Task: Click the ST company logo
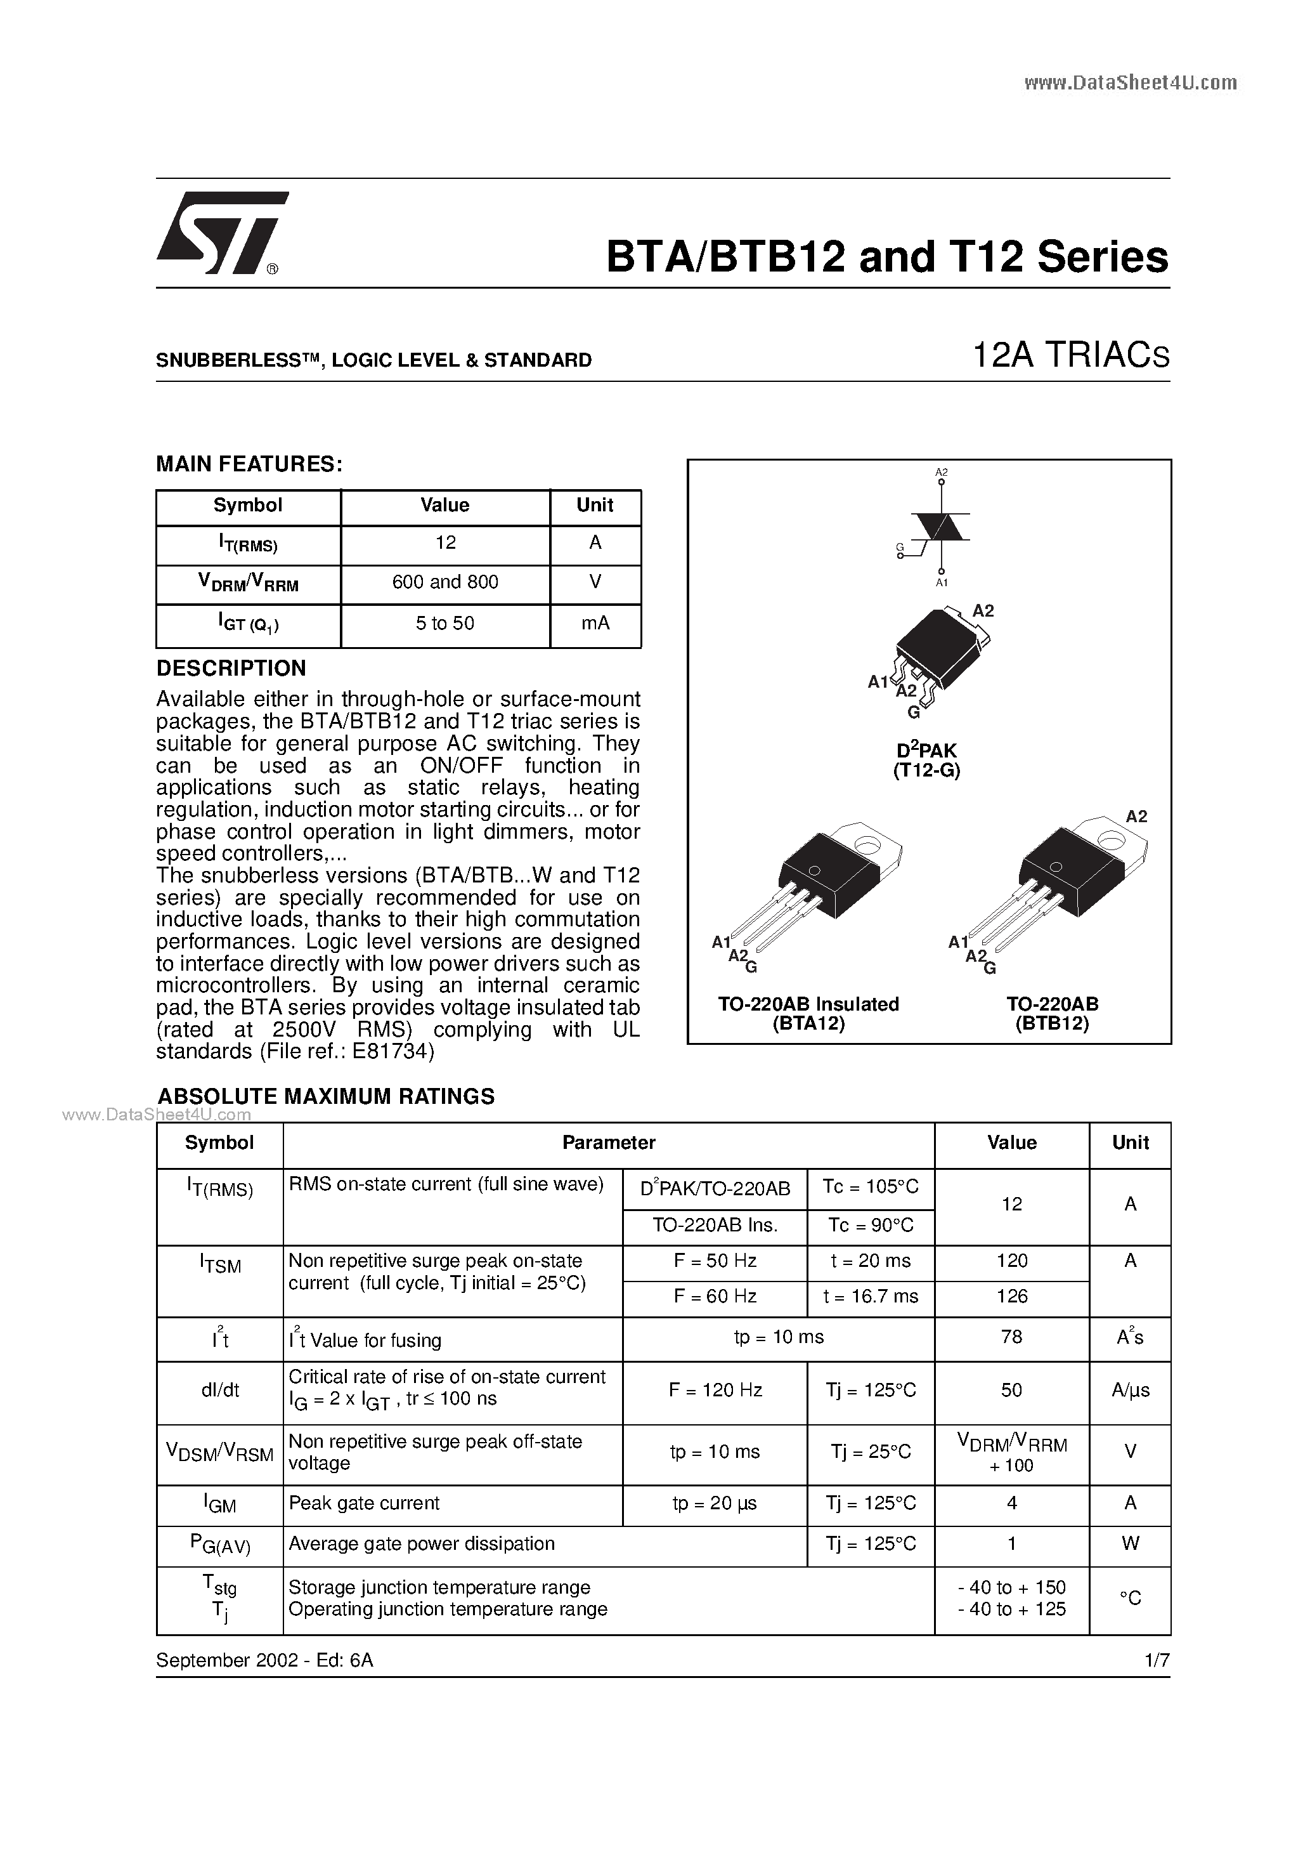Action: tap(219, 233)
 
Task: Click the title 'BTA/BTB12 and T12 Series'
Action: tap(886, 257)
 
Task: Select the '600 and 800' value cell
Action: tap(445, 582)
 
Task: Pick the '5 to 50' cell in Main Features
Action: tap(445, 623)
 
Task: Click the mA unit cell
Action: tap(595, 623)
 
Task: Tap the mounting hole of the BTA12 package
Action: tap(868, 845)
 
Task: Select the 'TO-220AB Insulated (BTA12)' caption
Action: tap(808, 1013)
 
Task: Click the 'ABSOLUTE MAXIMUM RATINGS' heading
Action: tap(325, 1096)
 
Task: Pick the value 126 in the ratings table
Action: tap(1011, 1296)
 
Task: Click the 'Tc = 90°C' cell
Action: tap(870, 1225)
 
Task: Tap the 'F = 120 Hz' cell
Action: tap(715, 1389)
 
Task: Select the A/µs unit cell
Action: tap(1129, 1389)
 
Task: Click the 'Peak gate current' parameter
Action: tap(363, 1503)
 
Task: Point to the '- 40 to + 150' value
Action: tap(1011, 1587)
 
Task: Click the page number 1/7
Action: tap(1157, 1660)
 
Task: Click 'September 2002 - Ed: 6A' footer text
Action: tap(264, 1660)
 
